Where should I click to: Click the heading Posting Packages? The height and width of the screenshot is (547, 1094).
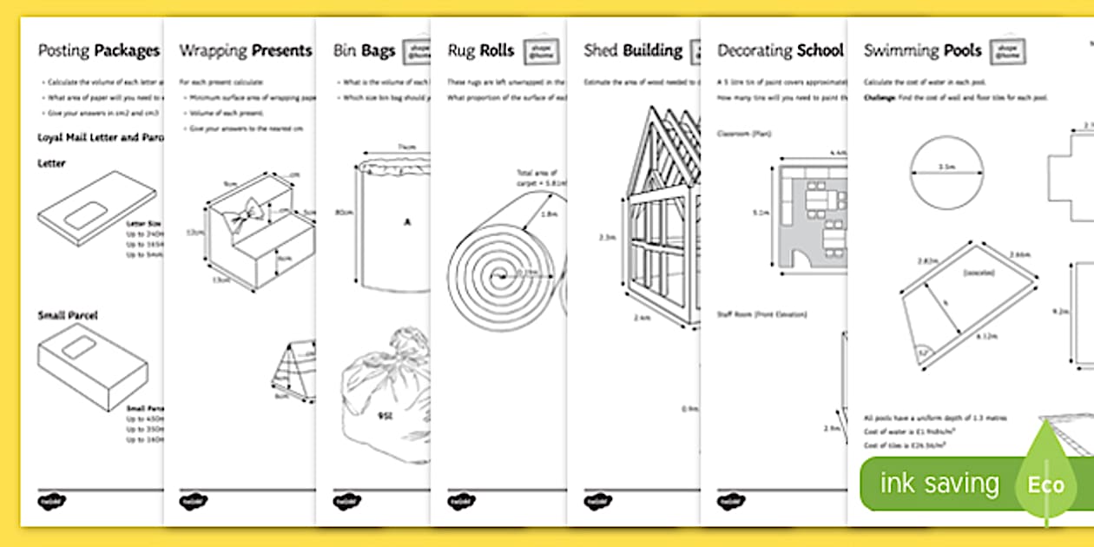[x=98, y=50]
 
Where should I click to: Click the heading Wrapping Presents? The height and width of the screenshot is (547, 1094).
[x=245, y=50]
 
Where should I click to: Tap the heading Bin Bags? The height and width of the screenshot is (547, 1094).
[x=364, y=50]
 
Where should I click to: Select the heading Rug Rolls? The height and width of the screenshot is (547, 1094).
[x=481, y=50]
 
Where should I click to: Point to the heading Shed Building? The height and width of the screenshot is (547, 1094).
[x=633, y=50]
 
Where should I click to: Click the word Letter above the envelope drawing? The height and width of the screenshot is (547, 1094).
[x=51, y=163]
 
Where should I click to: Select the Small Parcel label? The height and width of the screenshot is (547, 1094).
[x=68, y=315]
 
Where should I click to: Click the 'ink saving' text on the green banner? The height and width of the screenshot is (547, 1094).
[x=939, y=484]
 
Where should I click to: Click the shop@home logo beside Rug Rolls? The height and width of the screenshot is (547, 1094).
[x=541, y=51]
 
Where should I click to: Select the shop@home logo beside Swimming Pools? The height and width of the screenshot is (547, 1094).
[x=1007, y=51]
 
